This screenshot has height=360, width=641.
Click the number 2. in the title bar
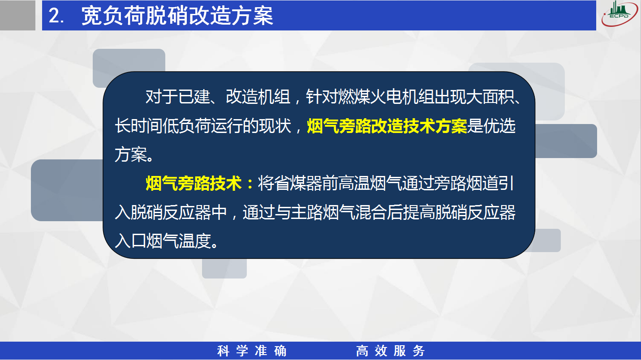point(56,15)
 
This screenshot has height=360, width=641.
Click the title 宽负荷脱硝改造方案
point(177,15)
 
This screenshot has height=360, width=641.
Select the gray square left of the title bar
point(17,15)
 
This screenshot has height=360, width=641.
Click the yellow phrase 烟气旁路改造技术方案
point(387,126)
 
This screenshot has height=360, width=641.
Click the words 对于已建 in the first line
point(178,97)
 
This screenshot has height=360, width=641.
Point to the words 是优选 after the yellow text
point(491,126)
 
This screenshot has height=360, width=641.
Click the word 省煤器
point(298,184)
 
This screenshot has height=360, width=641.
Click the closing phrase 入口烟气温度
point(163,241)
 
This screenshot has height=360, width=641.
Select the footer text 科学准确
point(252,351)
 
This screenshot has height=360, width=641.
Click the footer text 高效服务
point(391,351)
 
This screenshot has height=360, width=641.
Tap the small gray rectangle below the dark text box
point(224,269)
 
